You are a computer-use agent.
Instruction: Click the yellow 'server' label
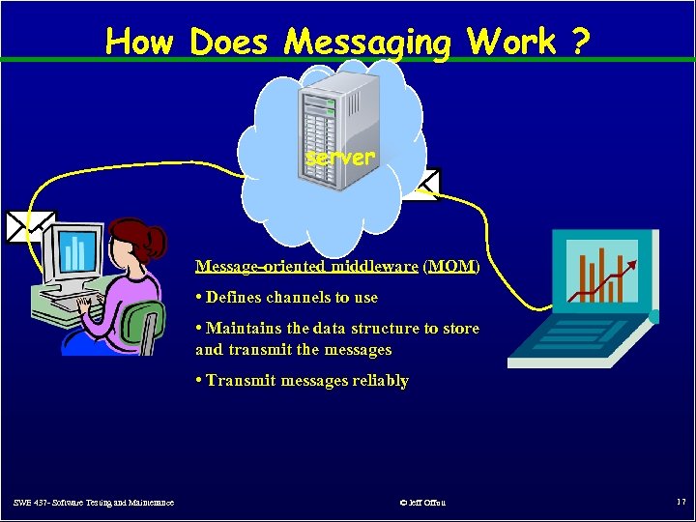[x=340, y=157]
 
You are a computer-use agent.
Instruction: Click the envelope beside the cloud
[x=422, y=184]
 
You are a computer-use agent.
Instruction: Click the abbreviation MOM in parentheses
[x=451, y=266]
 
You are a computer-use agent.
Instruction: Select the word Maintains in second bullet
[x=241, y=329]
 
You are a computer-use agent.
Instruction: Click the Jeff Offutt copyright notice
[x=422, y=503]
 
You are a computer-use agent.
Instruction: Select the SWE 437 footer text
[x=94, y=503]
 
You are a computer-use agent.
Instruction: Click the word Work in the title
[x=511, y=42]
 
